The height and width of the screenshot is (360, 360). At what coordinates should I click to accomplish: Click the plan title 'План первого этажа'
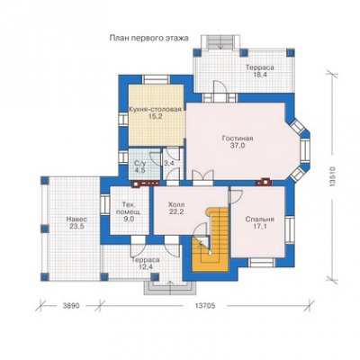pyautogui.click(x=148, y=38)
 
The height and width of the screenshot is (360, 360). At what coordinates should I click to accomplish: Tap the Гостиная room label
pyautogui.click(x=238, y=139)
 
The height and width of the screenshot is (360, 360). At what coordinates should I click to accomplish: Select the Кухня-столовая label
pyautogui.click(x=155, y=109)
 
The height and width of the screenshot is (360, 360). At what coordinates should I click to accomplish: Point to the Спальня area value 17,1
pyautogui.click(x=260, y=226)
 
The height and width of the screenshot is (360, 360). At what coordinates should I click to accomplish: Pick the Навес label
pyautogui.click(x=76, y=219)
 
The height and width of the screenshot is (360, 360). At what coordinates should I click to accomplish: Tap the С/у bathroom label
pyautogui.click(x=140, y=164)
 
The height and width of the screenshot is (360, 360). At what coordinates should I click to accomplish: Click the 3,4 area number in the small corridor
pyautogui.click(x=168, y=164)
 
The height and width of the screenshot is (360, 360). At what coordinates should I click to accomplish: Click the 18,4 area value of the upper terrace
pyautogui.click(x=260, y=75)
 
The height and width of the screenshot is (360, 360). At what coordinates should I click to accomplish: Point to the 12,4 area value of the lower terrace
pyautogui.click(x=146, y=267)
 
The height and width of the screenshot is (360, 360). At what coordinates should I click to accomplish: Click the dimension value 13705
pyautogui.click(x=205, y=306)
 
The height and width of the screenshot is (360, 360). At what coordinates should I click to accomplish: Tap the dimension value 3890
pyautogui.click(x=71, y=306)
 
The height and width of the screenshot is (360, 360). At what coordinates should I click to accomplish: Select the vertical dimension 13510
pyautogui.click(x=332, y=177)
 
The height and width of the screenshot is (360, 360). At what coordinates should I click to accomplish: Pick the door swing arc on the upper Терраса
pyautogui.click(x=220, y=87)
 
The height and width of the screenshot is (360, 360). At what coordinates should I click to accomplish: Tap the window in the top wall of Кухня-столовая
pyautogui.click(x=156, y=79)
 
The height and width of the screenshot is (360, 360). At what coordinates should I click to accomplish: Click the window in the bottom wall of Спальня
pyautogui.click(x=262, y=263)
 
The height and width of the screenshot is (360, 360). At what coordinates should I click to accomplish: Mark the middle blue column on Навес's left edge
pyautogui.click(x=45, y=229)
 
